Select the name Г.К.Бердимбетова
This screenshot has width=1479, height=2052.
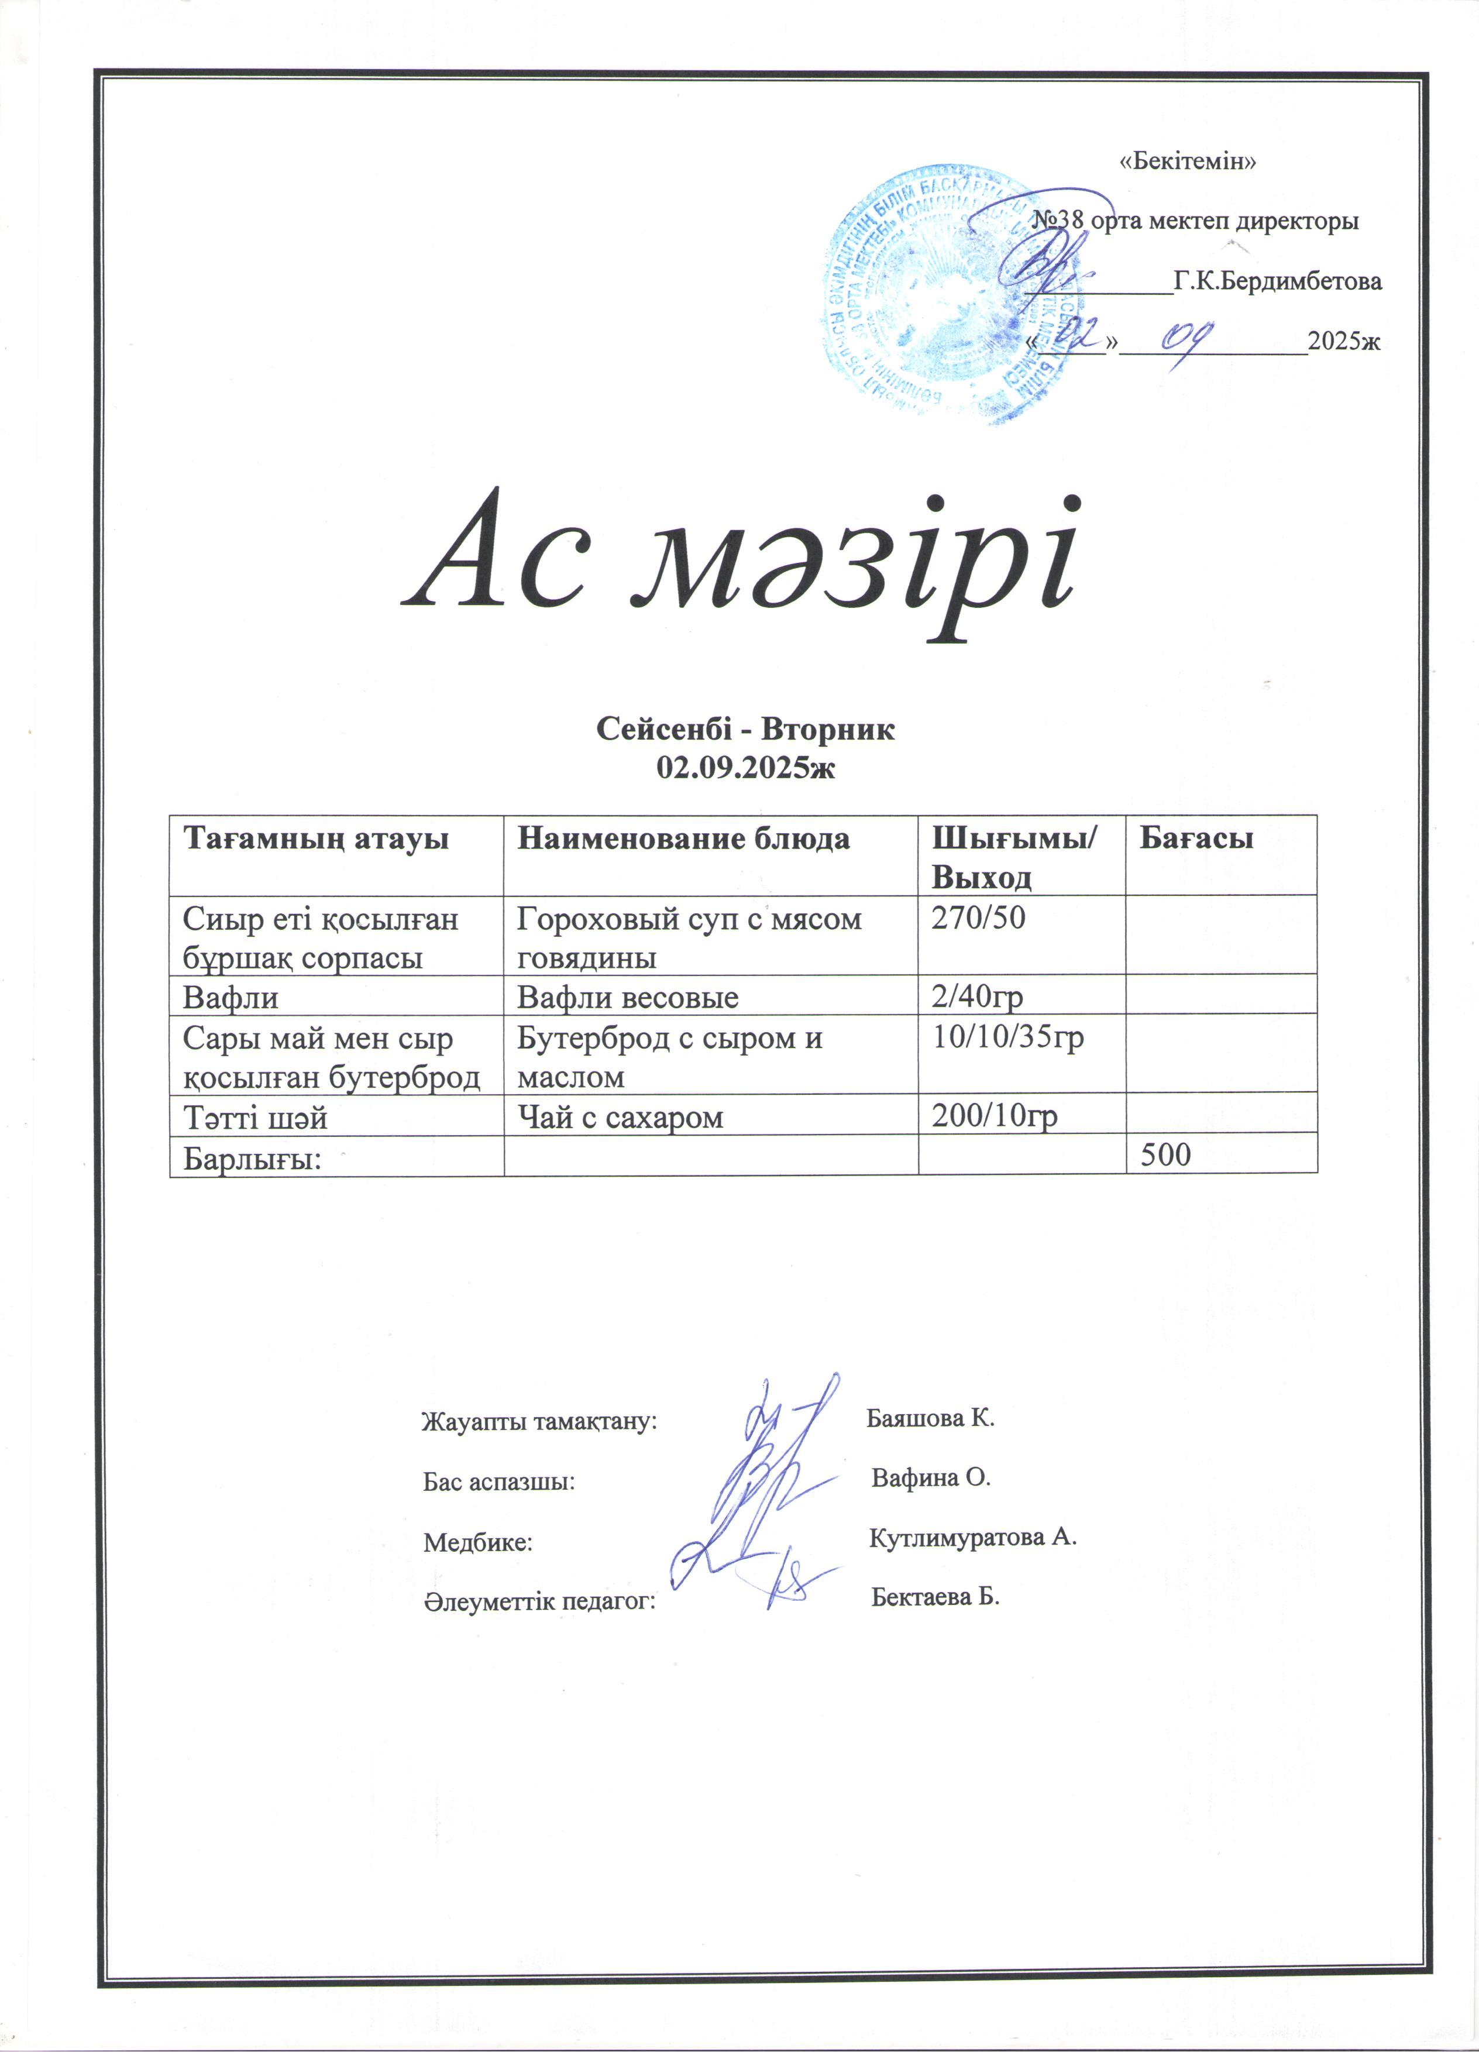pyautogui.click(x=1277, y=282)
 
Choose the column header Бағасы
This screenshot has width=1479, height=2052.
pyautogui.click(x=1196, y=838)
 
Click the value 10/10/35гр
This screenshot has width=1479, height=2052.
pyautogui.click(x=1007, y=1037)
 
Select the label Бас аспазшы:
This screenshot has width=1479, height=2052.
pyautogui.click(x=498, y=1483)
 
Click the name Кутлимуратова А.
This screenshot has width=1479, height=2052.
pyautogui.click(x=972, y=1537)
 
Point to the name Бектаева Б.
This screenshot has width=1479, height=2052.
pyautogui.click(x=935, y=1597)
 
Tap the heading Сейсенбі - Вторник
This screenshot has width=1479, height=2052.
pyautogui.click(x=745, y=729)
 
